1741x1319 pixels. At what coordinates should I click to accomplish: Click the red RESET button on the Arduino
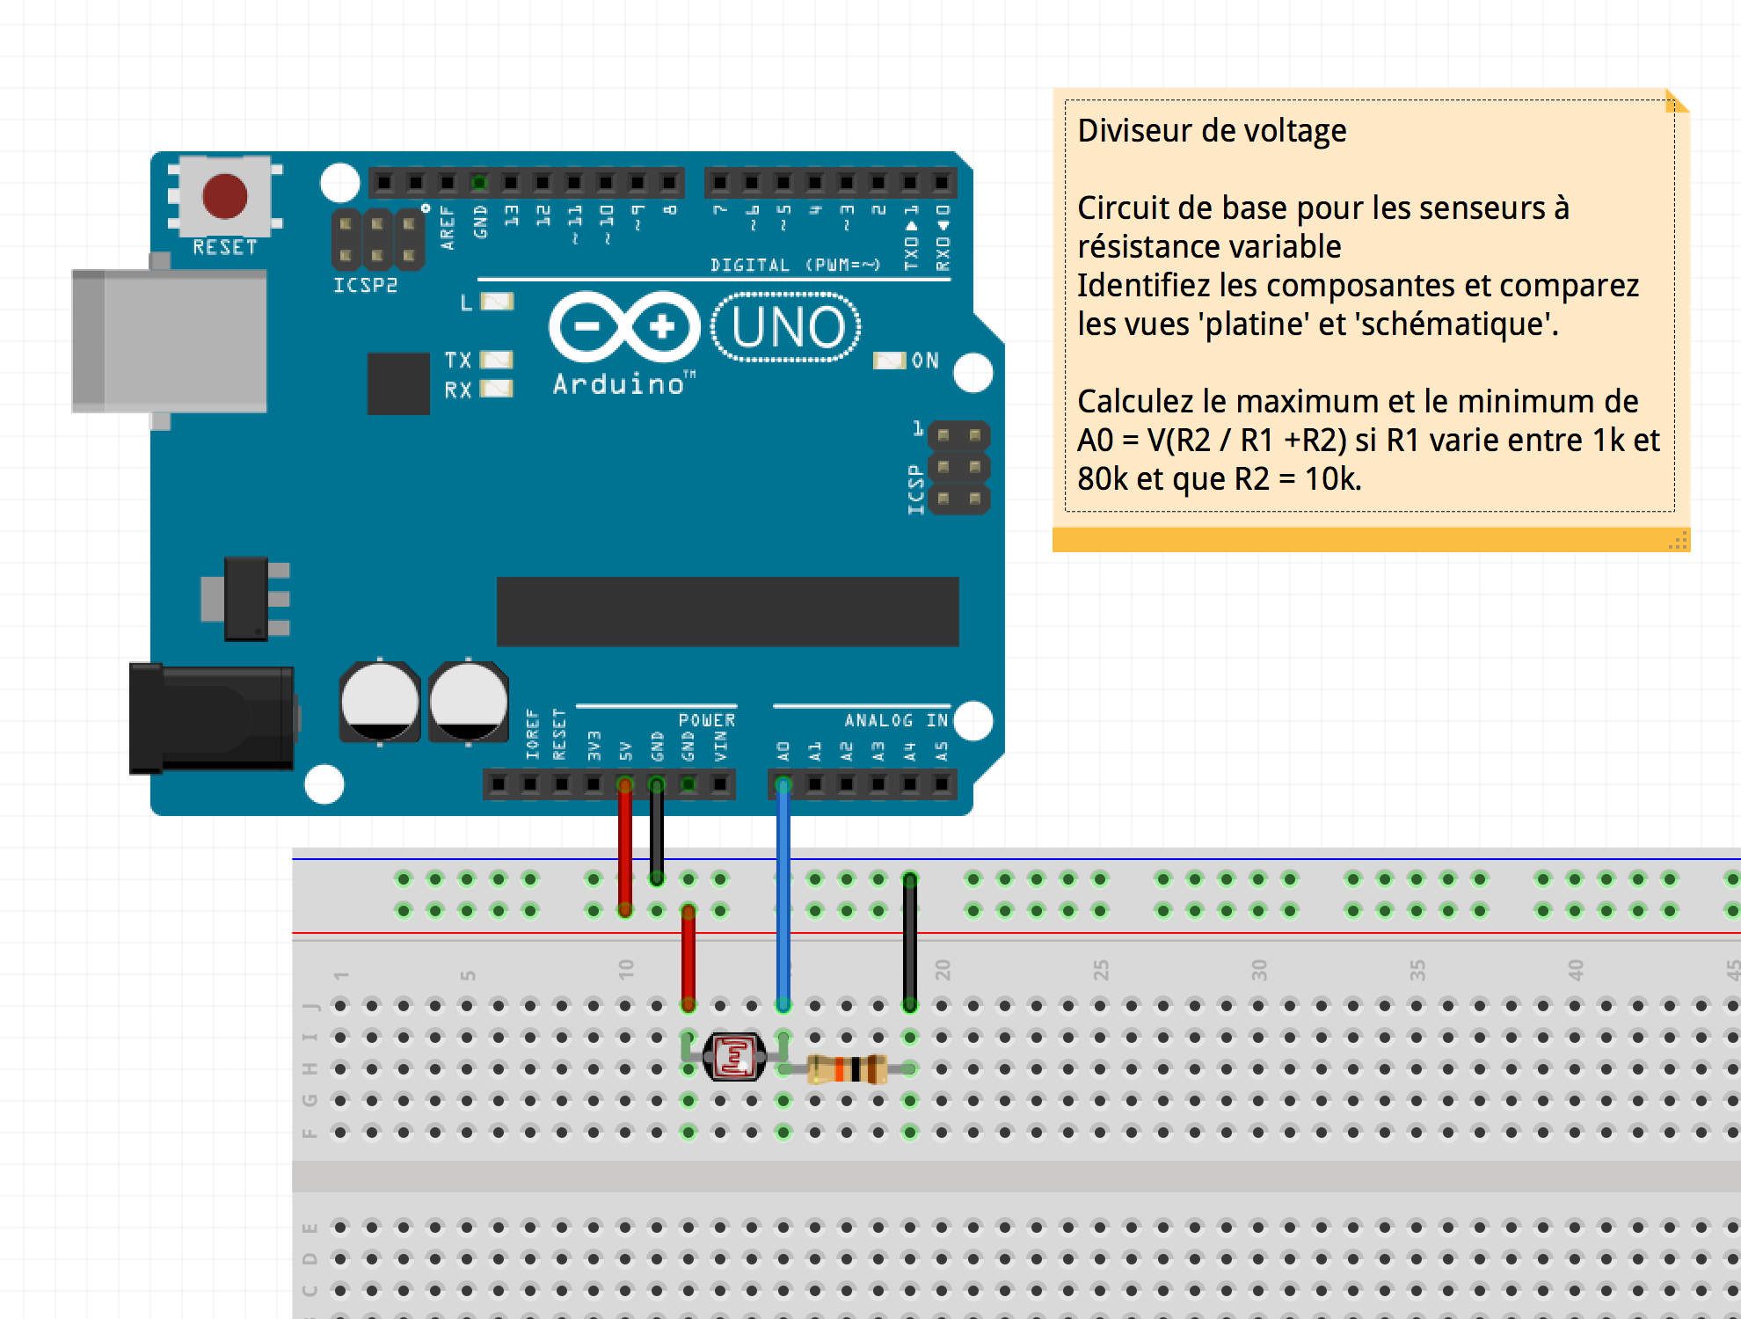[x=225, y=195]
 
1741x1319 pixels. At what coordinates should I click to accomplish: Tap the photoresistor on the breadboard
[x=734, y=1056]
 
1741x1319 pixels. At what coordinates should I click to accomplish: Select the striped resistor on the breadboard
[x=847, y=1068]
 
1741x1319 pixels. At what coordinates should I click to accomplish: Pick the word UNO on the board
[x=787, y=327]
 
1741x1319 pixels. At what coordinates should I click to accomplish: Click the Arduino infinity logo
[x=624, y=327]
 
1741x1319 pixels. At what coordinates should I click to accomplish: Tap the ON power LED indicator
[x=889, y=361]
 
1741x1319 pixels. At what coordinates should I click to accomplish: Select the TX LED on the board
[x=497, y=360]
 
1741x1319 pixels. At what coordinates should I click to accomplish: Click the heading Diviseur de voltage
[x=1212, y=131]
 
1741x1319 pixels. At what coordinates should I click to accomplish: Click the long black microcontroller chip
[x=727, y=611]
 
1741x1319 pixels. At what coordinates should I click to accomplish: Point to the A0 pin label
[x=783, y=751]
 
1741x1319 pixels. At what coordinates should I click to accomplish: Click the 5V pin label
[x=625, y=751]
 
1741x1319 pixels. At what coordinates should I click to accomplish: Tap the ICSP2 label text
[x=365, y=285]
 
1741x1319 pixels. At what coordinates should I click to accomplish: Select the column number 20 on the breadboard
[x=943, y=970]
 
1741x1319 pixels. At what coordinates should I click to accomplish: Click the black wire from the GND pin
[x=657, y=831]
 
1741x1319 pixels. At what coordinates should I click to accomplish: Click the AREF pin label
[x=448, y=228]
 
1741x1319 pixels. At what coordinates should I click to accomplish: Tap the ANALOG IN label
[x=896, y=720]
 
